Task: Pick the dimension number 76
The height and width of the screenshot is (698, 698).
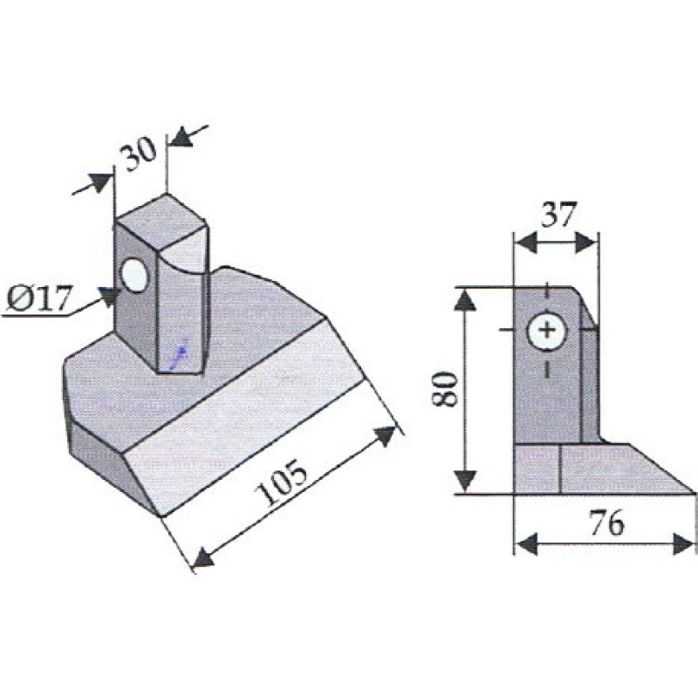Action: point(607,523)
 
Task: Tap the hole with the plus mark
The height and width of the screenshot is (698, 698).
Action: point(547,332)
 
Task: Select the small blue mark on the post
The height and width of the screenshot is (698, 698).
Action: point(179,352)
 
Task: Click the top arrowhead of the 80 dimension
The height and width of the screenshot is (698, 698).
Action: point(468,300)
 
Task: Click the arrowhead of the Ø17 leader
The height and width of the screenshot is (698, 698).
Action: point(109,297)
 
